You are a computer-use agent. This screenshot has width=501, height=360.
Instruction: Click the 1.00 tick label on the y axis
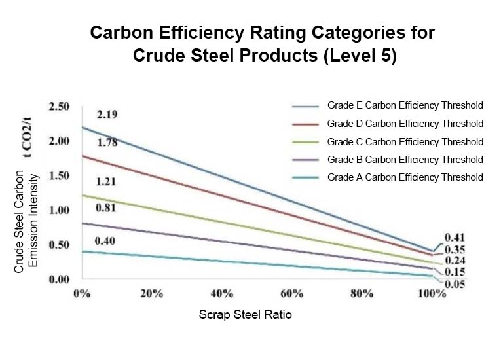coord(60,210)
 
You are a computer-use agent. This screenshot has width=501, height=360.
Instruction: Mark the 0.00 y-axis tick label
coord(60,279)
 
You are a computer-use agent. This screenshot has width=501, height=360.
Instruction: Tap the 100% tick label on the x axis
coord(432,293)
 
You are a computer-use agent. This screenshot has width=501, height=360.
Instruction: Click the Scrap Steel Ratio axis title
coord(245,315)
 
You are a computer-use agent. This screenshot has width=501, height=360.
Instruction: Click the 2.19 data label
coord(107,115)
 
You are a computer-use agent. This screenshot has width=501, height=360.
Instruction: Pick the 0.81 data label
coord(107,209)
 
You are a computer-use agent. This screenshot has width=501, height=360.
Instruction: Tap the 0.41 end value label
coord(455,237)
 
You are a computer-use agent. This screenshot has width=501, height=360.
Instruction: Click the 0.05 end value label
coord(455,283)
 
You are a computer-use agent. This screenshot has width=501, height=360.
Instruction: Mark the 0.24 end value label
coord(455,261)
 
